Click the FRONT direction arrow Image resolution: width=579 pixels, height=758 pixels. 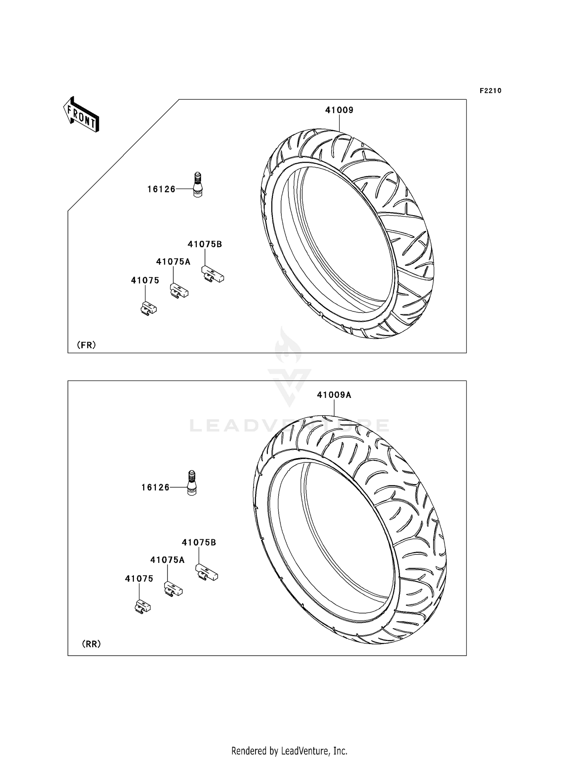[81, 115]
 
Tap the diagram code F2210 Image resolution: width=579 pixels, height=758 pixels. [490, 91]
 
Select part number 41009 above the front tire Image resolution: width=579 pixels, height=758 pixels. [339, 110]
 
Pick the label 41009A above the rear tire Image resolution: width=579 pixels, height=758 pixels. [334, 395]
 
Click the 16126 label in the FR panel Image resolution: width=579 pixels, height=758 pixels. [161, 189]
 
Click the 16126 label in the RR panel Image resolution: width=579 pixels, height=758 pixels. [156, 488]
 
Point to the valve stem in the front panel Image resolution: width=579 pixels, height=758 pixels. [197, 185]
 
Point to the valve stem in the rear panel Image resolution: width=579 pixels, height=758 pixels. [191, 483]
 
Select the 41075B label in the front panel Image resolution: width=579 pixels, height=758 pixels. [205, 244]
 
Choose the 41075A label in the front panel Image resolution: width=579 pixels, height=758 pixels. [173, 262]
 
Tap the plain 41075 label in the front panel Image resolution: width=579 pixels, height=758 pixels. [145, 280]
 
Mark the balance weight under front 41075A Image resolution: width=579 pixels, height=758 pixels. [179, 291]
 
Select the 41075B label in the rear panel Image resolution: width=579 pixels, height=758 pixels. [199, 542]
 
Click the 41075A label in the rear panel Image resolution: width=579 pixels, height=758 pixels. [167, 560]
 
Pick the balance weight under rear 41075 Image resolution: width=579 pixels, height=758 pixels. [142, 607]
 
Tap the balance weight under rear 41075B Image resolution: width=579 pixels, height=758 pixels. [207, 573]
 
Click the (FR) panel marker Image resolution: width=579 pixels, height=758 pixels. [86, 345]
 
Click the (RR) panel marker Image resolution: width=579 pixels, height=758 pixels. [91, 644]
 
